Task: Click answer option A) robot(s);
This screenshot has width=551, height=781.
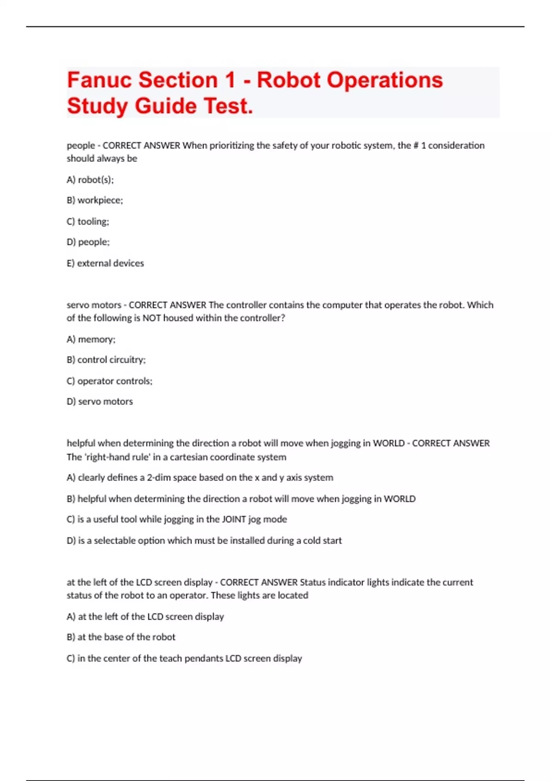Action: pyautogui.click(x=90, y=180)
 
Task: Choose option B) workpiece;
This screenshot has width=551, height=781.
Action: pyautogui.click(x=95, y=200)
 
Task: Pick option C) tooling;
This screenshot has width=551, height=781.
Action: pyautogui.click(x=88, y=221)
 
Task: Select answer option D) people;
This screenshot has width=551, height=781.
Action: pyautogui.click(x=88, y=242)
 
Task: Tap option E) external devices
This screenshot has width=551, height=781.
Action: pyautogui.click(x=105, y=263)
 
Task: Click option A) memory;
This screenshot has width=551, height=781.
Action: pyautogui.click(x=91, y=340)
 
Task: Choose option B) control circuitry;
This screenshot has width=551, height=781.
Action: pyautogui.click(x=106, y=360)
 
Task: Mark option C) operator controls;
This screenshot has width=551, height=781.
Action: pyautogui.click(x=109, y=381)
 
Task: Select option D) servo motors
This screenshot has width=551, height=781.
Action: pyautogui.click(x=100, y=402)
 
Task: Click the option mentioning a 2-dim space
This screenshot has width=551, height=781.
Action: pyautogui.click(x=200, y=478)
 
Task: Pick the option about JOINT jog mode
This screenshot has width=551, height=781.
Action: pyautogui.click(x=177, y=519)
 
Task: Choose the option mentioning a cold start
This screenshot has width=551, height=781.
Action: pyautogui.click(x=204, y=541)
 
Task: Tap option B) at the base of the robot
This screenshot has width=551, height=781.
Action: pyautogui.click(x=121, y=637)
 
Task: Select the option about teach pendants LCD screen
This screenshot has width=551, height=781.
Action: pyautogui.click(x=184, y=658)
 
